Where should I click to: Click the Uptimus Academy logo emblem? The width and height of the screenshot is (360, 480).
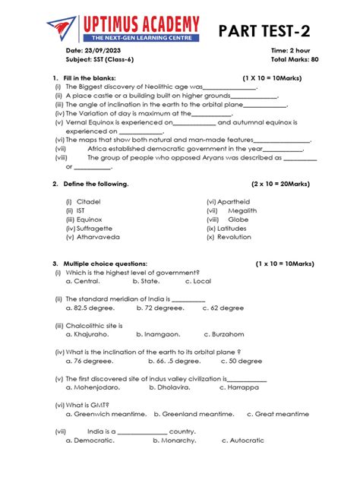coord(62,29)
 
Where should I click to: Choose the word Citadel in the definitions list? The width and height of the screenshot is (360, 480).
coord(89,201)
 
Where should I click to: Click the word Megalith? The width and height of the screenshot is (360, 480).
coord(242,210)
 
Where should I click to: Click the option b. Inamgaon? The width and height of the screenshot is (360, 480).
coord(158,334)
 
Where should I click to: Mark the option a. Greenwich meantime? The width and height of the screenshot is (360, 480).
coord(106,414)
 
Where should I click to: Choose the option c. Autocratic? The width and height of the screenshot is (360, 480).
coord(243,441)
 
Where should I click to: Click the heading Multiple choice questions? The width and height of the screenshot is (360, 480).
coord(106,264)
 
